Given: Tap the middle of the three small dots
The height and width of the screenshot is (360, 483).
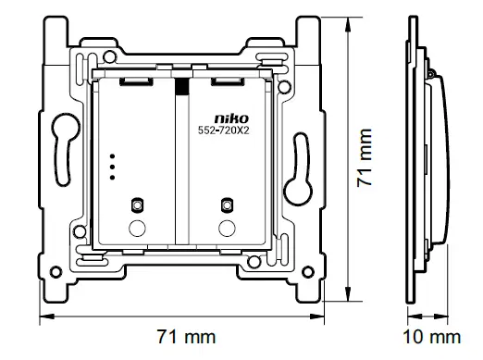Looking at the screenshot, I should point(112,166).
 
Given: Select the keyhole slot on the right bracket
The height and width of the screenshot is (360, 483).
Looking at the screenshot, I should point(300,176).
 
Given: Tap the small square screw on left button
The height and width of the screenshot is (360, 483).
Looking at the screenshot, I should point(137,204).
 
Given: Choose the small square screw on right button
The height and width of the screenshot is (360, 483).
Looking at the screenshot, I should point(223,204).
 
